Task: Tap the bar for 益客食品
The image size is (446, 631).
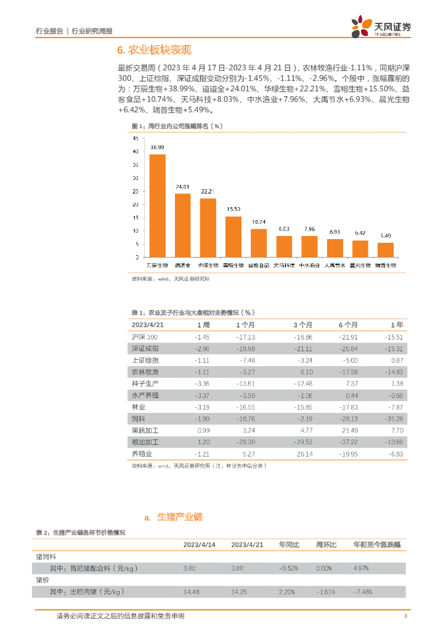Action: point(259,242)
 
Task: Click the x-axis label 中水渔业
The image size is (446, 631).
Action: point(309,265)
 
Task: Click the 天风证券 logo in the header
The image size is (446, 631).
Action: point(381,27)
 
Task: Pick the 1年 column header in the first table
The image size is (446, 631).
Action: point(397,325)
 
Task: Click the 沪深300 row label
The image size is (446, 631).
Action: point(145,337)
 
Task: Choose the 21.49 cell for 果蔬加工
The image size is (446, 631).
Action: point(349,431)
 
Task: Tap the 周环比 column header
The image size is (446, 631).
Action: point(325,545)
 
